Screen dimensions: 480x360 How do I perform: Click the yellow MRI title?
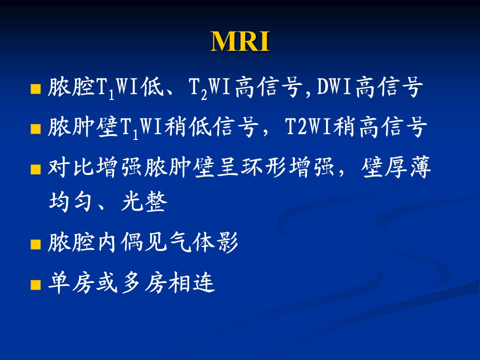pos(240,41)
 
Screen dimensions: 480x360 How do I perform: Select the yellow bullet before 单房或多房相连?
pos(36,284)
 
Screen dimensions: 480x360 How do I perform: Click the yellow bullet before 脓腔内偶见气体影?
pos(36,244)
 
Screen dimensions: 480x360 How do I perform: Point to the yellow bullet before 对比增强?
pos(36,169)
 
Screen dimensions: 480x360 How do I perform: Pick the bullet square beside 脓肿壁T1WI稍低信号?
pos(36,129)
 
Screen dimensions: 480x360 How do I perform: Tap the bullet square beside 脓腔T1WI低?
pos(36,89)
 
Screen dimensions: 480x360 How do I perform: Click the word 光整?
pos(144,201)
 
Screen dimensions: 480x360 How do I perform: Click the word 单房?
pos(71,282)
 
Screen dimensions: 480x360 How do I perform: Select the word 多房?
pos(144,282)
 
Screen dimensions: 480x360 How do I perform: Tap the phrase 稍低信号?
pos(211,126)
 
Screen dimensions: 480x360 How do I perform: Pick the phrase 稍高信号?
pos(379,126)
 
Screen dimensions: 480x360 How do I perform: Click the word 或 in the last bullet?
pos(107,282)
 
